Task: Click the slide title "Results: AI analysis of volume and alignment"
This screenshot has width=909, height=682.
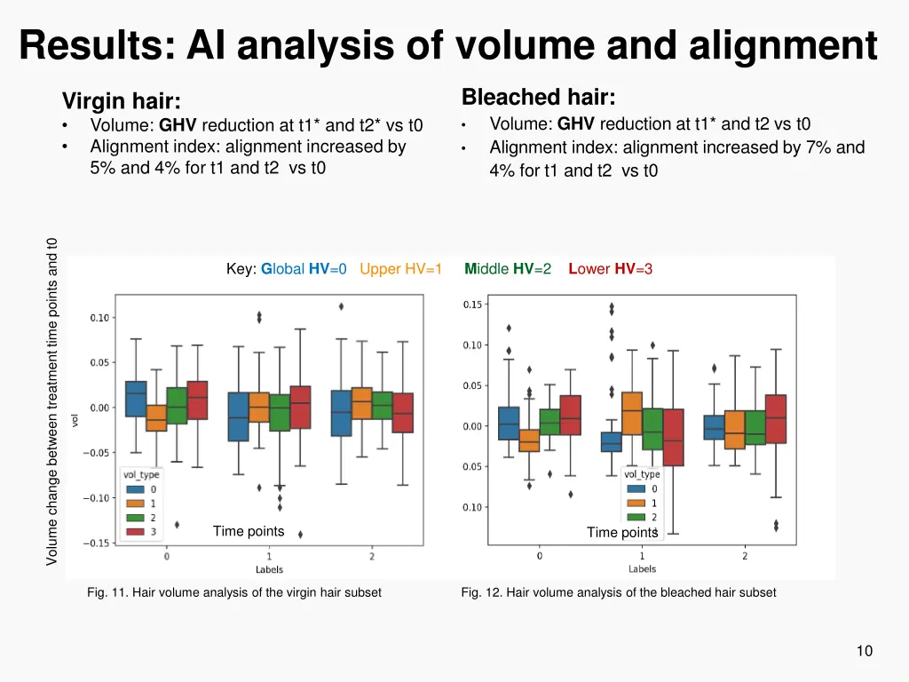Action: [448, 44]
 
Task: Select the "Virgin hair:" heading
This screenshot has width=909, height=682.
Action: [121, 101]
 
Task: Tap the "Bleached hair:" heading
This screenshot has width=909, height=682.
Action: [538, 97]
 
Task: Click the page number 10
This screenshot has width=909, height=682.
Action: [864, 651]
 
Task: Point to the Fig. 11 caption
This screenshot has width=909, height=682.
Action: [234, 592]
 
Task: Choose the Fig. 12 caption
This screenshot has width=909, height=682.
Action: [619, 592]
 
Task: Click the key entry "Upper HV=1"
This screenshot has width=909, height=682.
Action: [400, 269]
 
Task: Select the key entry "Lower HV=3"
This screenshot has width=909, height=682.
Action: [611, 269]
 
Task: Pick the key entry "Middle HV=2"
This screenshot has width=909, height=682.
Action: [508, 269]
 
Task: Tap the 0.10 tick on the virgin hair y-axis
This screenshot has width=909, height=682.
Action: [99, 318]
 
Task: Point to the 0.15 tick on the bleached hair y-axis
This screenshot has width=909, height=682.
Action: [473, 305]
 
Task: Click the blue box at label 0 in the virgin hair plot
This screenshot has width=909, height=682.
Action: [136, 399]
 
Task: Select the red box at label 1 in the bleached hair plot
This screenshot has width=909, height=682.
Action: [674, 437]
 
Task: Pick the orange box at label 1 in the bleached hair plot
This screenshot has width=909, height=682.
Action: [631, 413]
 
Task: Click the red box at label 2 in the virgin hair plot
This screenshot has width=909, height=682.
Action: [402, 413]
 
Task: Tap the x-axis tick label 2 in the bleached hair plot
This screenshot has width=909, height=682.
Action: [745, 556]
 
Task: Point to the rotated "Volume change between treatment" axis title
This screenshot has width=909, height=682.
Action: [52, 400]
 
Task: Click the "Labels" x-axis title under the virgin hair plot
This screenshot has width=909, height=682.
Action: [269, 569]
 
